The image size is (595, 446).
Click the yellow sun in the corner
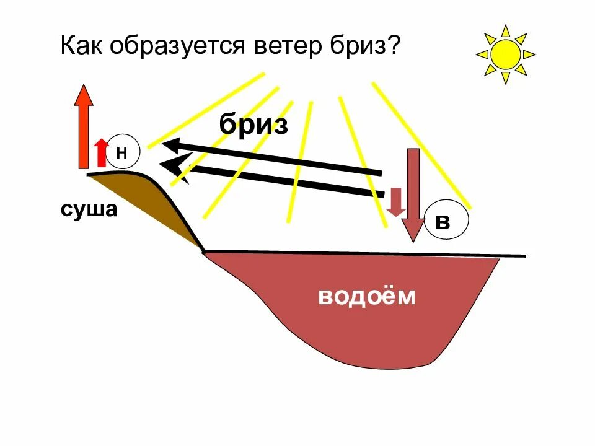[x=505, y=55]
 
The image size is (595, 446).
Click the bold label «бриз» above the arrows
[x=254, y=125]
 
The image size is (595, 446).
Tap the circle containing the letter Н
[x=121, y=151]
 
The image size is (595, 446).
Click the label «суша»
[x=89, y=209]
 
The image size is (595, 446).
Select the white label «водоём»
[x=366, y=297]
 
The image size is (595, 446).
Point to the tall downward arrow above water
[x=412, y=192]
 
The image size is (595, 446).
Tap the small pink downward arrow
[x=395, y=202]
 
